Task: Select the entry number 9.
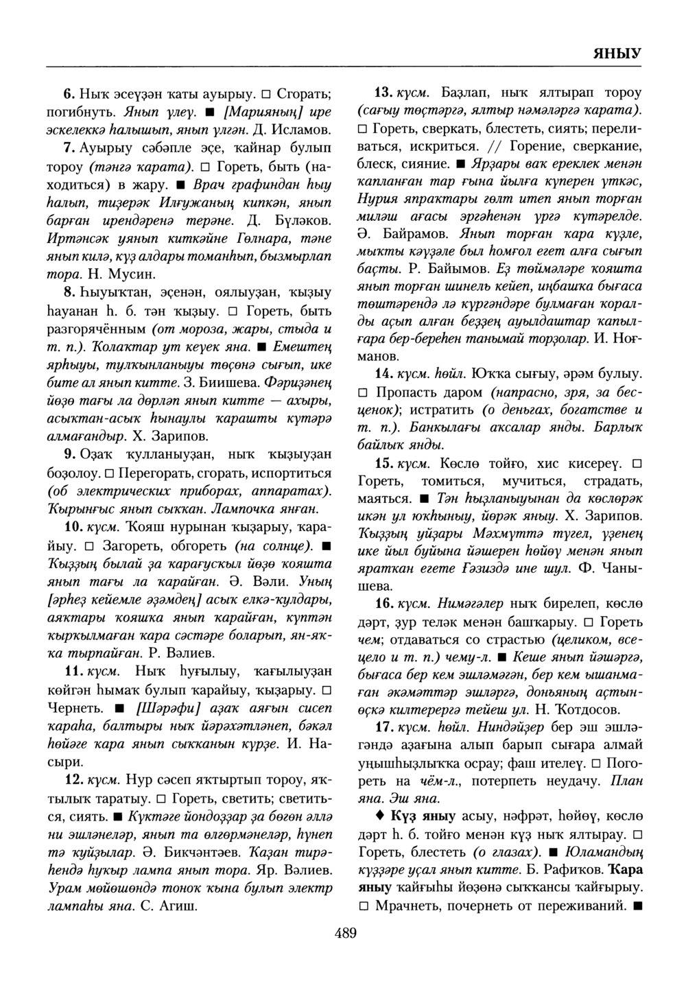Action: click(69, 454)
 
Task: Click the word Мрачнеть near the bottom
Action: click(407, 906)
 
